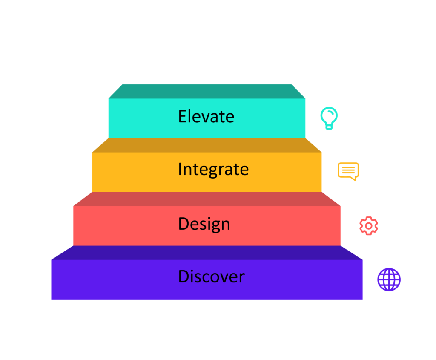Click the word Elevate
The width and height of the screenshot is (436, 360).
pyautogui.click(x=206, y=116)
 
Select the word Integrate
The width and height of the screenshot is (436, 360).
pyautogui.click(x=213, y=170)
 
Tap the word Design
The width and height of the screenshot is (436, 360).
pyautogui.click(x=204, y=224)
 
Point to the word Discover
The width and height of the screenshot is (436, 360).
pyautogui.click(x=211, y=276)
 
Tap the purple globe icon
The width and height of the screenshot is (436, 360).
pyautogui.click(x=389, y=279)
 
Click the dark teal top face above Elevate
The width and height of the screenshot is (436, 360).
pyautogui.click(x=207, y=91)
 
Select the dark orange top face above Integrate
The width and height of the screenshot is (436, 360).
pyautogui.click(x=207, y=145)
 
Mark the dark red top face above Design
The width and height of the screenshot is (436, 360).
pyautogui.click(x=207, y=199)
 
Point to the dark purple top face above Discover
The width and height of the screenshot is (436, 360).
pyautogui.click(x=207, y=253)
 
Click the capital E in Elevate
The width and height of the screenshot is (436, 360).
pyautogui.click(x=182, y=116)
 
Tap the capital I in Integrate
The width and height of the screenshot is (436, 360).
pyautogui.click(x=180, y=169)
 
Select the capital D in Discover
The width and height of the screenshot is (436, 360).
pyautogui.click(x=184, y=276)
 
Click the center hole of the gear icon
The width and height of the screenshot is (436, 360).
pyautogui.click(x=369, y=226)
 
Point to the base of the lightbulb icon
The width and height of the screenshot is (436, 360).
pyautogui.click(x=329, y=127)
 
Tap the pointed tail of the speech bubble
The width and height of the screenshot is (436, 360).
pyautogui.click(x=354, y=179)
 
